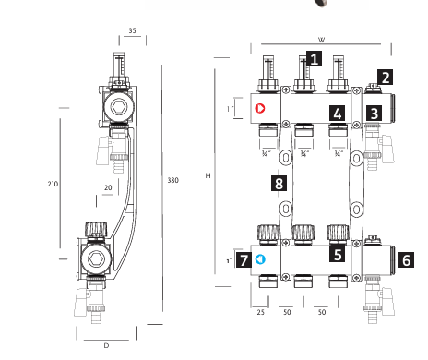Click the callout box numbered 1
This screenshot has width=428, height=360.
[x=314, y=59]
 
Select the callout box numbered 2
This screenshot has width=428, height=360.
[x=386, y=78]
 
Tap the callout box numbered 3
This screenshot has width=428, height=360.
[x=374, y=114]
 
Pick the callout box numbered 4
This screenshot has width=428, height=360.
[x=338, y=114]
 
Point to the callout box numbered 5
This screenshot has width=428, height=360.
[x=338, y=255]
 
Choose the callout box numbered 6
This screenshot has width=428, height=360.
[x=406, y=260]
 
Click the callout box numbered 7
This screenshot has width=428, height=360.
[x=244, y=260]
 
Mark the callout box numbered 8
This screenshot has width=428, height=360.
[x=279, y=184]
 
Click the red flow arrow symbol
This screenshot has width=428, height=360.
[x=260, y=108]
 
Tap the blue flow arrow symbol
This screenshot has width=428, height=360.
[x=260, y=259]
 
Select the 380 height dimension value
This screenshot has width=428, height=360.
[x=172, y=180]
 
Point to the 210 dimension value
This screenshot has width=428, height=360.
[x=53, y=184]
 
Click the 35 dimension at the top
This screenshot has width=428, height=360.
[x=132, y=30]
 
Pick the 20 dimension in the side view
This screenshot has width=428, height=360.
[x=108, y=187]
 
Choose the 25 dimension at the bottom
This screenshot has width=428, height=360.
[x=260, y=312]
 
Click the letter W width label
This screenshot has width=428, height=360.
[x=321, y=40]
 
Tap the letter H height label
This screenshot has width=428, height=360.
[x=208, y=175]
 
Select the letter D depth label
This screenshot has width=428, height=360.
[x=106, y=345]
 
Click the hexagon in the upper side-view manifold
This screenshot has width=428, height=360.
[x=119, y=107]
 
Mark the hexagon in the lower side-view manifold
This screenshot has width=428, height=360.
[x=96, y=258]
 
